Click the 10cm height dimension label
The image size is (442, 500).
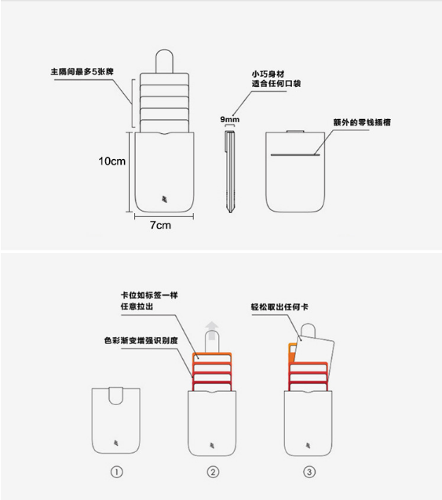111,161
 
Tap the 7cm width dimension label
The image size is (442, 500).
160,225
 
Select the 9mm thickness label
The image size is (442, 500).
229,120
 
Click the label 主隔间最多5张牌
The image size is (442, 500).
82,72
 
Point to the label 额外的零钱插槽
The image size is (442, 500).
362,122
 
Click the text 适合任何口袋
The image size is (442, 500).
276,84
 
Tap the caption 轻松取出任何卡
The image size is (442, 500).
279,306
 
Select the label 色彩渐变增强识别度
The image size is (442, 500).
141,341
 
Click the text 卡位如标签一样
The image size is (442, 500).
149,295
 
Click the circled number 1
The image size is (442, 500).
116,472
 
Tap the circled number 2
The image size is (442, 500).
213,472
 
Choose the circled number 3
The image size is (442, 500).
309,472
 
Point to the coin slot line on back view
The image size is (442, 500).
295,155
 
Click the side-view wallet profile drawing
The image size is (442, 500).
230,171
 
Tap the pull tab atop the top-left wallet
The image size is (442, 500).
164,61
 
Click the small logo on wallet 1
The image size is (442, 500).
116,443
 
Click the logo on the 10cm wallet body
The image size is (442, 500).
164,199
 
